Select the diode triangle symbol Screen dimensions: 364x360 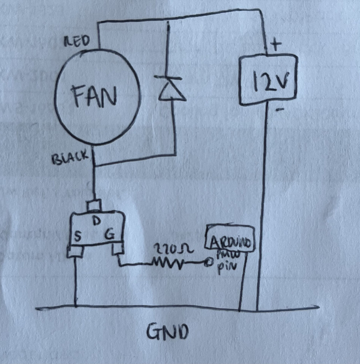[x=170, y=91]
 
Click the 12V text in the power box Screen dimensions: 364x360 [x=269, y=82]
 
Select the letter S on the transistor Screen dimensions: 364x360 [x=78, y=236]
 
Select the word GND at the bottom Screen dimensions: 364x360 [x=168, y=332]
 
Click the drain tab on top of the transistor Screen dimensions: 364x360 [x=95, y=206]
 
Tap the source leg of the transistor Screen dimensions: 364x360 [x=76, y=252]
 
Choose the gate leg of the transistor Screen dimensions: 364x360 [x=118, y=250]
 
